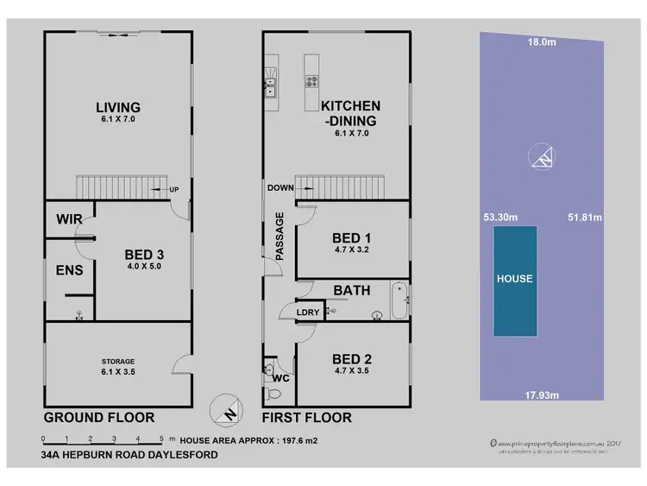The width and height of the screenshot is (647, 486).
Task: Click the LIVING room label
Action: click(117, 108)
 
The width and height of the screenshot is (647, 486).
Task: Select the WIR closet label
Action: click(69, 220)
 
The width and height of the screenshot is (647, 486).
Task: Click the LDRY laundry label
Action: click(308, 312)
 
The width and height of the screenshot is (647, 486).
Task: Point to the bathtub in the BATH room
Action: click(399, 300)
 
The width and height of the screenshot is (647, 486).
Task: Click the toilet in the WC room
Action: click(273, 393)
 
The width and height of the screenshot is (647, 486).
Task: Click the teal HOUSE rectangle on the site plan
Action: click(514, 280)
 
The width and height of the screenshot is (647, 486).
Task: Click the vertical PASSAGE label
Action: click(280, 236)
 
